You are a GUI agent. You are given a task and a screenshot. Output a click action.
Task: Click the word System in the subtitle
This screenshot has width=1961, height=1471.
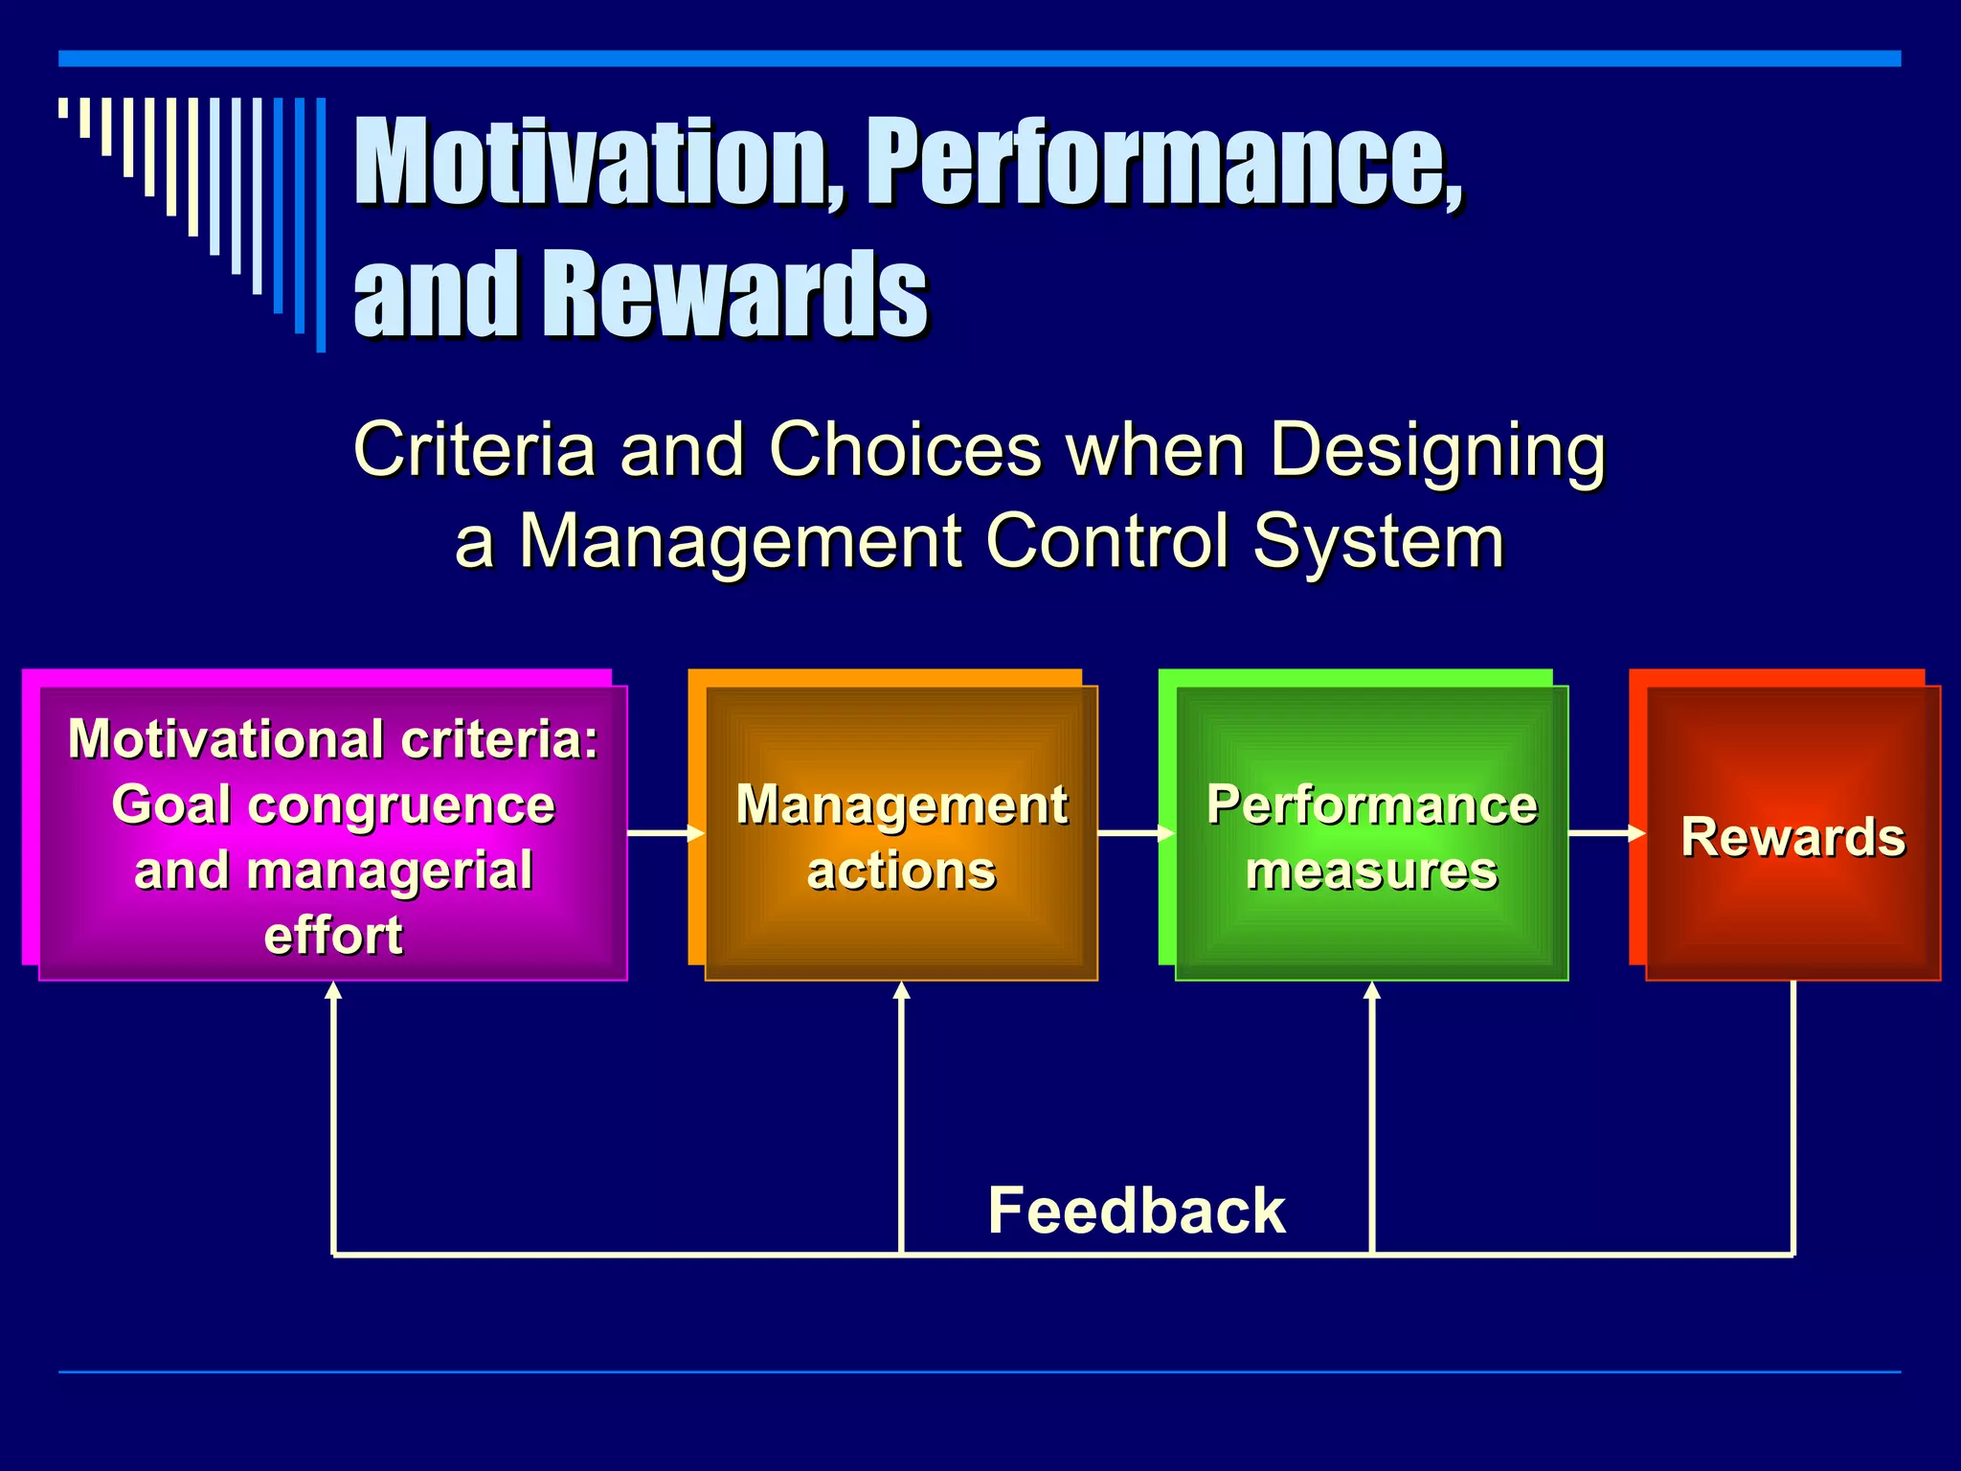[x=1379, y=541]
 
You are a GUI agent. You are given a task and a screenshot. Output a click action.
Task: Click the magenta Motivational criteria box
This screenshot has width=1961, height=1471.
[x=332, y=832]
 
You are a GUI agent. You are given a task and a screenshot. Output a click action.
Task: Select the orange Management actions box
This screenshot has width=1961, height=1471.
[x=901, y=832]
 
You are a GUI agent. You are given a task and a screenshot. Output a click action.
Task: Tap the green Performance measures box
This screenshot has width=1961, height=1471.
[x=1371, y=832]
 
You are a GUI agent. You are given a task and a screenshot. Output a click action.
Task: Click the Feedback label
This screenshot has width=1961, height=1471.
[x=1136, y=1211]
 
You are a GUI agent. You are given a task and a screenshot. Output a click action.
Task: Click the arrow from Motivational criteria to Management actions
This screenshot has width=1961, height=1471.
[x=665, y=833]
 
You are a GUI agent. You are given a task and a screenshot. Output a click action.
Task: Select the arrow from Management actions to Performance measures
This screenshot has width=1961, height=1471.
[x=1136, y=833]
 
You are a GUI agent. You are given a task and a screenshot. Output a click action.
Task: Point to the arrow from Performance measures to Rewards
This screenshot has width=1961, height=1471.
[x=1606, y=833]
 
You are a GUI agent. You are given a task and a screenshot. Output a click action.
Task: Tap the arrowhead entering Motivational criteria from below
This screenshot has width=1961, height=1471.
[x=333, y=992]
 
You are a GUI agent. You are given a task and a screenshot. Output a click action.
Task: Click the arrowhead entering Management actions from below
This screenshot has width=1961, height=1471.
[x=901, y=992]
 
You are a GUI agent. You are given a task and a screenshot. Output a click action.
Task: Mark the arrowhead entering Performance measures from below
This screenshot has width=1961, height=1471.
[x=1372, y=992]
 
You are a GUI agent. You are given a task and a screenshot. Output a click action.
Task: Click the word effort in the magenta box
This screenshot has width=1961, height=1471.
[x=333, y=936]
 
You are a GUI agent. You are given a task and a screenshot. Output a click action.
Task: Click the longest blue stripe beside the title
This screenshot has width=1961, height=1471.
[x=321, y=225]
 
